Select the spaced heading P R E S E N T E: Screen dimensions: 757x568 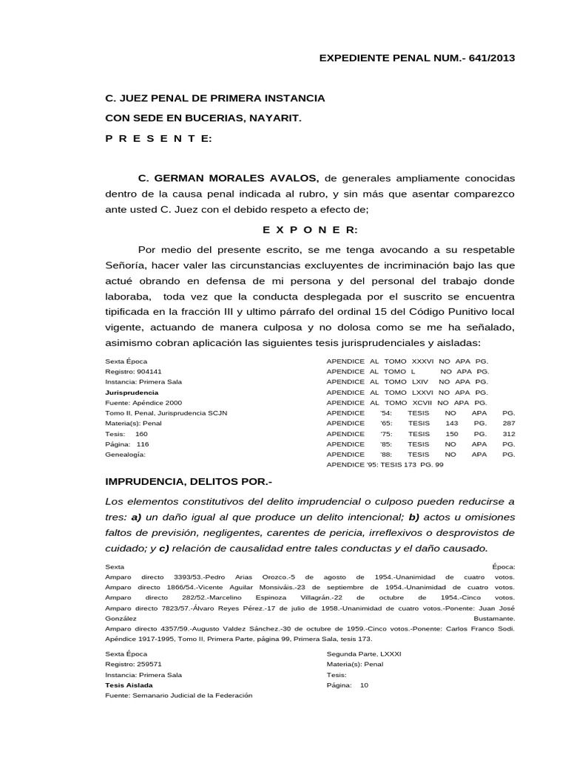[x=158, y=139]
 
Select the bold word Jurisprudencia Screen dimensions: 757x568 [x=132, y=392]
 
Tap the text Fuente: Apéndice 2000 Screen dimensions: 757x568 [x=143, y=402]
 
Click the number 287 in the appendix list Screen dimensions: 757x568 [x=508, y=424]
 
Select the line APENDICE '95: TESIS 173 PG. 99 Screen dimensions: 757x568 [x=385, y=465]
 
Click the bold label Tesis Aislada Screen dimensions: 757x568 [x=129, y=685]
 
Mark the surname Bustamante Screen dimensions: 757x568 [x=494, y=617]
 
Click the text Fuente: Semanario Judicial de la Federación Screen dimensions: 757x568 [x=179, y=695]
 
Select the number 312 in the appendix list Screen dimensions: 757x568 [x=508, y=434]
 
